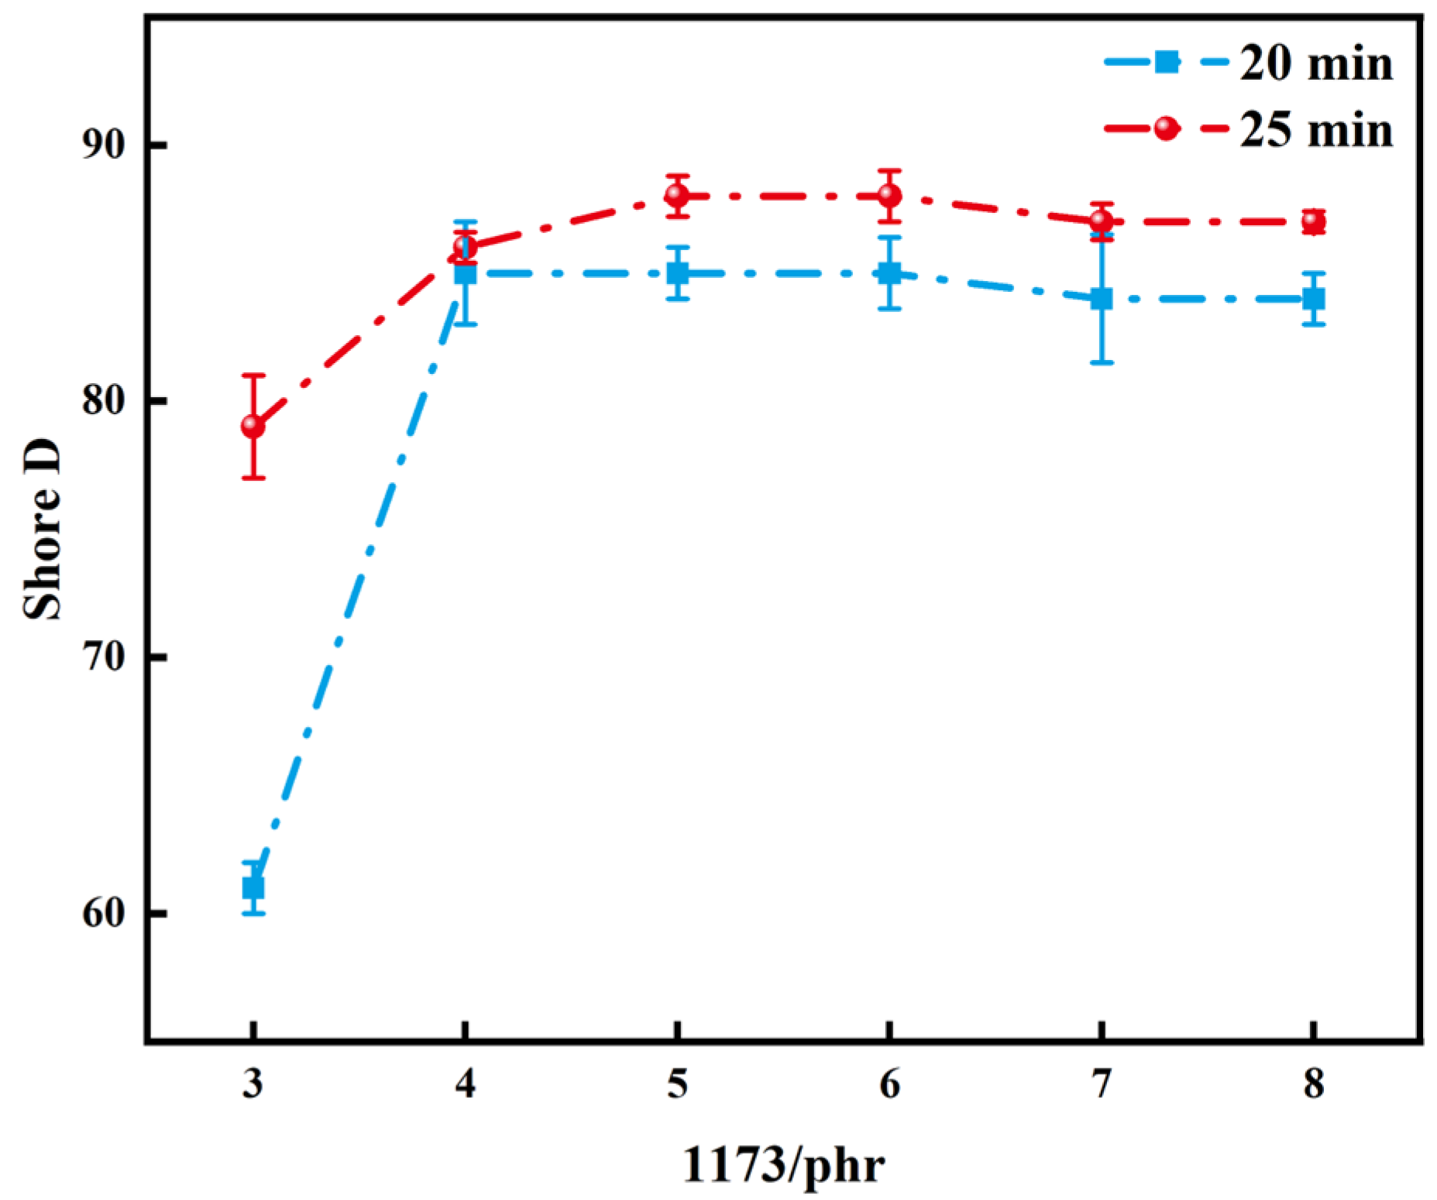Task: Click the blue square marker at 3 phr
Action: pos(253,887)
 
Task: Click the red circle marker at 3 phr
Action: pos(253,426)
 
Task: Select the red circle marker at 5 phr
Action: pos(677,195)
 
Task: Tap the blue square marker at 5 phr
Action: pos(678,273)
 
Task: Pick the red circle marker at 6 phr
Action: pos(889,195)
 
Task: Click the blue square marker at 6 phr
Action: pos(889,273)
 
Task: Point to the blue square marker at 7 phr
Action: pos(1101,298)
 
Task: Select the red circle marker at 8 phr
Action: pos(1313,222)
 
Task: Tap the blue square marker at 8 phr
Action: pos(1313,298)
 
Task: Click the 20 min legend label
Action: pos(1315,63)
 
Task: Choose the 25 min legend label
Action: pos(1315,129)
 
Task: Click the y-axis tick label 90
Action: pos(103,145)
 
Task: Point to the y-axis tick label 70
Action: pos(103,657)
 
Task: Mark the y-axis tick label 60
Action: pos(103,914)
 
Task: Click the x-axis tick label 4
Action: pos(465,1084)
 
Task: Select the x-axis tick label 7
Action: pos(1101,1084)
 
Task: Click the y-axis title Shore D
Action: pos(43,530)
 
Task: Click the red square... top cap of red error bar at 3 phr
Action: pos(253,375)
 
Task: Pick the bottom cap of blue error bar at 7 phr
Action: pos(1101,362)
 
